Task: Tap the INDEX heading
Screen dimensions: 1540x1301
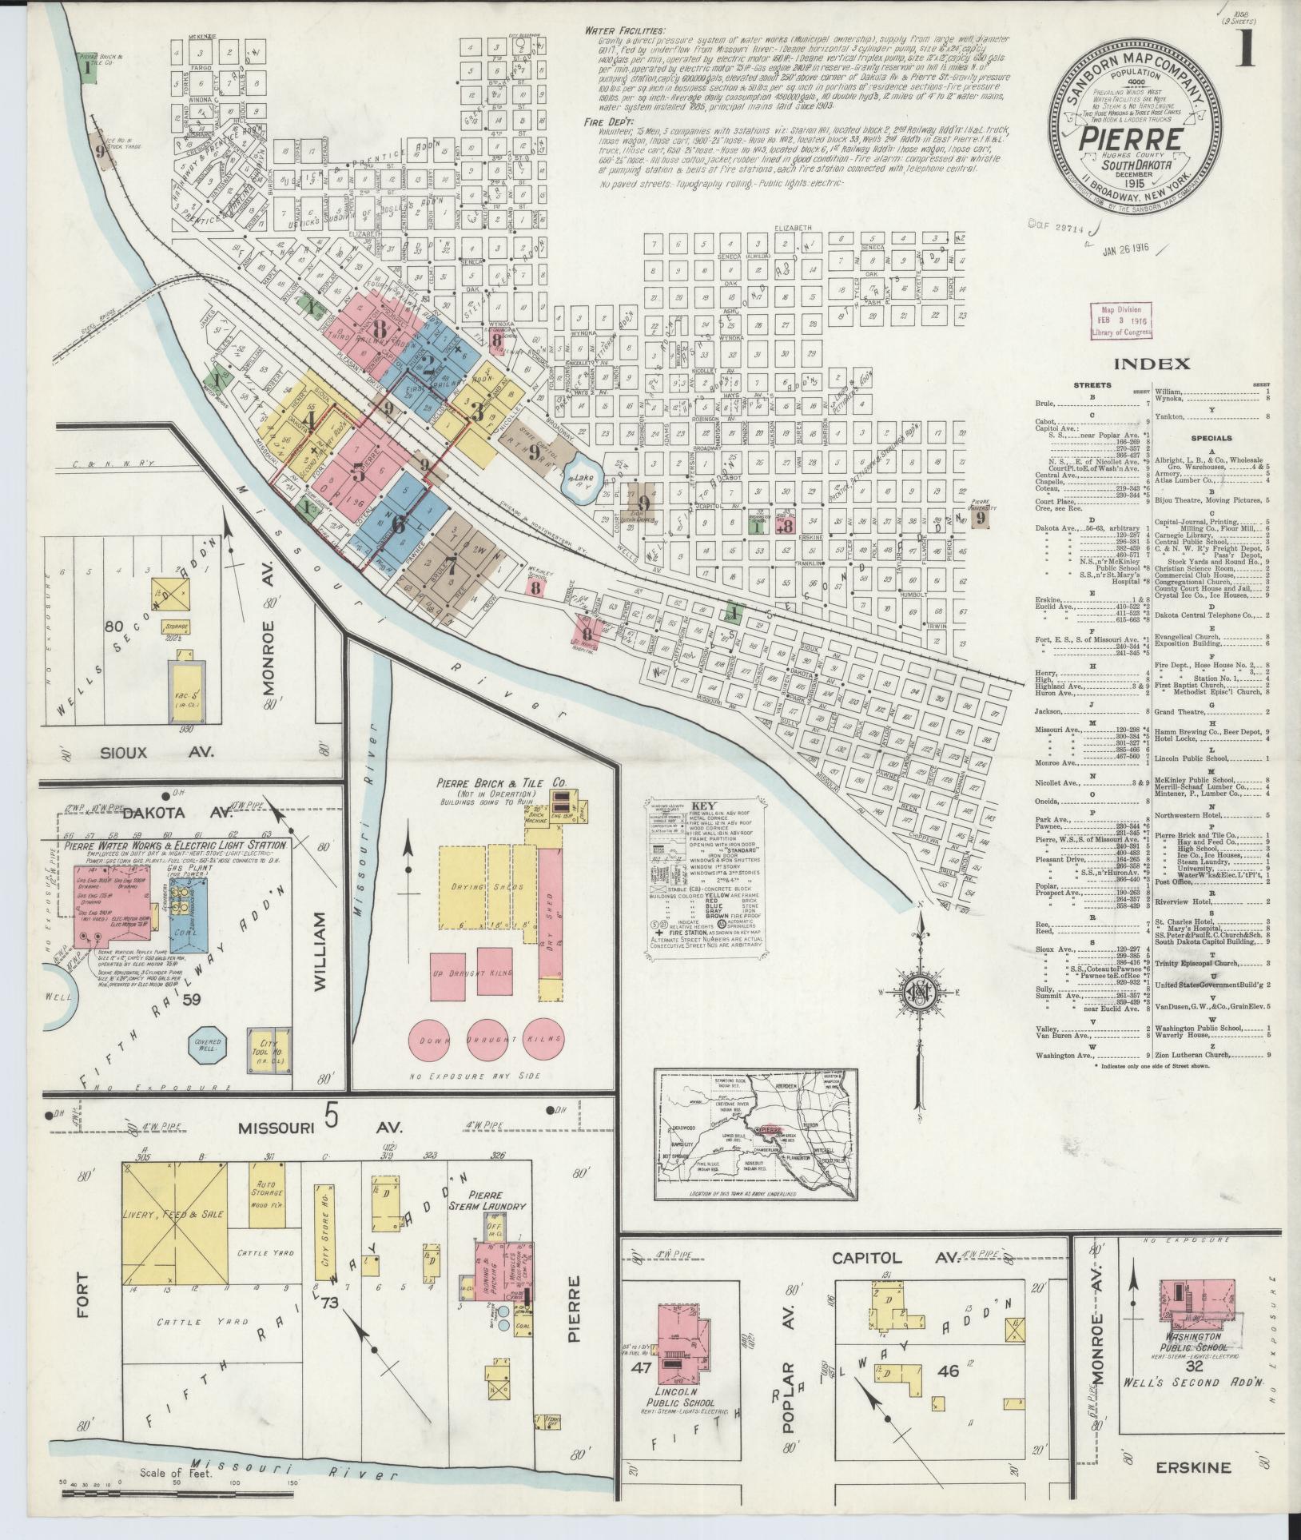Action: pyautogui.click(x=1151, y=364)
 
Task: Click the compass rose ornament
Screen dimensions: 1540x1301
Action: pyautogui.click(x=921, y=993)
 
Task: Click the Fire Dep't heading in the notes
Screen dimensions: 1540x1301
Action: pyautogui.click(x=610, y=122)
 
